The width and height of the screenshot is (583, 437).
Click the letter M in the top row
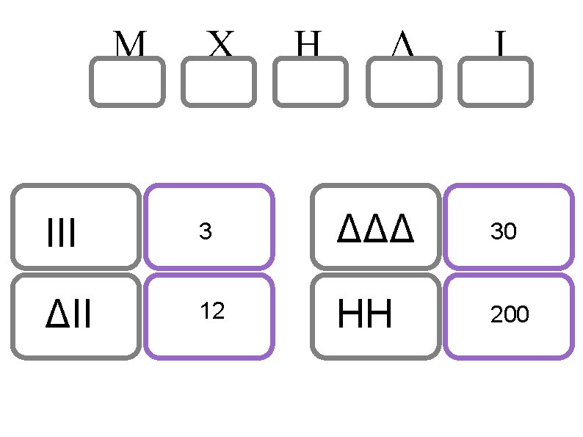point(129,46)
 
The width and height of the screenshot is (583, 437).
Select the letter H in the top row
point(309,46)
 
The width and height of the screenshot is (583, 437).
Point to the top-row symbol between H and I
point(402,46)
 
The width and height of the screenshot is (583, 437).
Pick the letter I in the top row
point(499,46)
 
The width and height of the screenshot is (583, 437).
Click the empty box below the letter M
point(127,82)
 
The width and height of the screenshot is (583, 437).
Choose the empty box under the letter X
point(219,82)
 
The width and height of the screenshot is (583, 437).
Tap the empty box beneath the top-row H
point(311,82)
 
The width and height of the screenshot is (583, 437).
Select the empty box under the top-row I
point(495,82)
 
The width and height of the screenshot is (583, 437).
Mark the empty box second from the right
point(403,82)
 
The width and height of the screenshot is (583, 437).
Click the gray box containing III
point(76,226)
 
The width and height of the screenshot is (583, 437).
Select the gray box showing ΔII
point(76,316)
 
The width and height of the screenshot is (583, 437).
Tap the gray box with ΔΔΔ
point(376,226)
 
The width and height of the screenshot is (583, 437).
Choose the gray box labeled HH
point(376,316)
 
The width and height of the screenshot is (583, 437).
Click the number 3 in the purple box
point(206,232)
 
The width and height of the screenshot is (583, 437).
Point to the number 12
point(212,311)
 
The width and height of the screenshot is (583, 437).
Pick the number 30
point(504,232)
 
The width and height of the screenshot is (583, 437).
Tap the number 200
point(510,315)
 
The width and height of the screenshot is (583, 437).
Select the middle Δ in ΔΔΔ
point(376,230)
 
